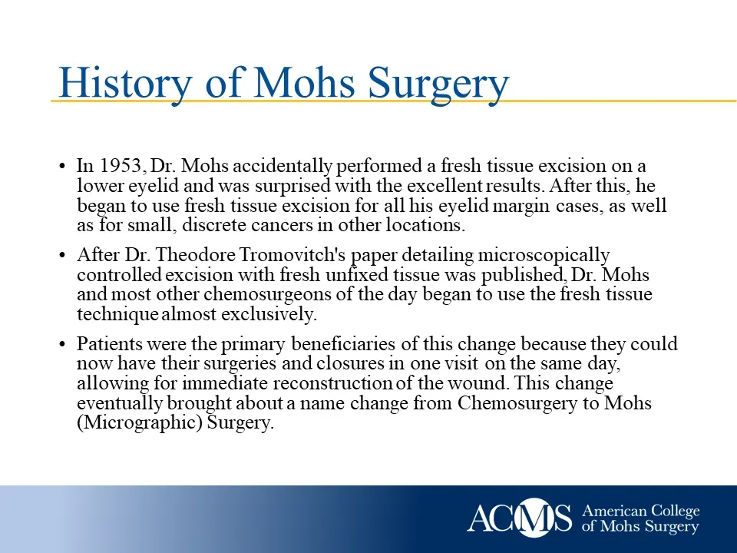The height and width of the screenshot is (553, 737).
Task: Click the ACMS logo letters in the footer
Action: (520, 518)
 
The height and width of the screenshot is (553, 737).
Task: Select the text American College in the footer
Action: (641, 511)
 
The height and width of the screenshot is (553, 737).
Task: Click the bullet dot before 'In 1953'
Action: (62, 167)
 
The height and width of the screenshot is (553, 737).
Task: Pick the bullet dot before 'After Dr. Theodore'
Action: (62, 256)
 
